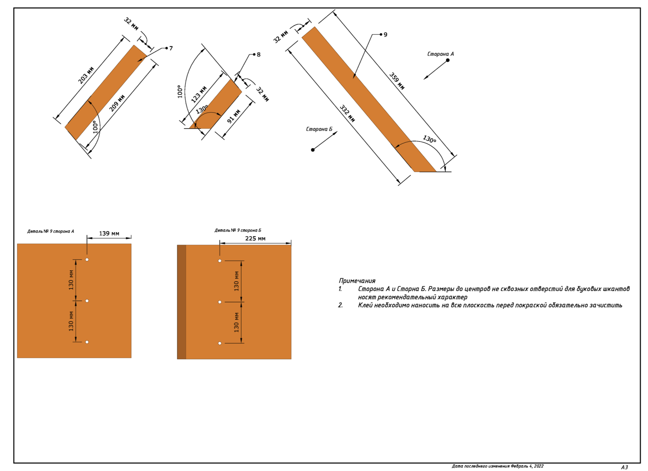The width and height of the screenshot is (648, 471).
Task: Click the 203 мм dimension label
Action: pyautogui.click(x=86, y=75)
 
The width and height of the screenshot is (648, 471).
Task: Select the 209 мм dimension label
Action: pyautogui.click(x=117, y=103)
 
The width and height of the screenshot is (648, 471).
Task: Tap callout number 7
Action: pyautogui.click(x=171, y=48)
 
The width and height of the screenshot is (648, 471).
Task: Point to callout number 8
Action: pyautogui.click(x=259, y=55)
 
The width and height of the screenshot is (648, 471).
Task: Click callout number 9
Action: pyautogui.click(x=385, y=35)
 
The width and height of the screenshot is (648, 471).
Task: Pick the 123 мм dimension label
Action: pyautogui.click(x=199, y=94)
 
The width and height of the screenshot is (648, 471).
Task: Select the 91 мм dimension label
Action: pyautogui.click(x=234, y=116)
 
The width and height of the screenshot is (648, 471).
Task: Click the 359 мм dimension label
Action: pyautogui.click(x=397, y=81)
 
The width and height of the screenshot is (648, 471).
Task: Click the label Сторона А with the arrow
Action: pyautogui.click(x=440, y=54)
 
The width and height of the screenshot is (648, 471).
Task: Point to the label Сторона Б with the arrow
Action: pyautogui.click(x=319, y=129)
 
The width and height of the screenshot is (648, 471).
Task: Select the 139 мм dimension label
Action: pyautogui.click(x=109, y=234)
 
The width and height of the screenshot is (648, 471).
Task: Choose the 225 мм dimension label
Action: pyautogui.click(x=255, y=239)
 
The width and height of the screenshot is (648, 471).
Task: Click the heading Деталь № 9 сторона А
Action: pyautogui.click(x=50, y=231)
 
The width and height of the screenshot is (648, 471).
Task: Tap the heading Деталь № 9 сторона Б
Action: pyautogui.click(x=238, y=230)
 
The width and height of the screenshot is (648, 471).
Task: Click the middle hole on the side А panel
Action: pyautogui.click(x=87, y=301)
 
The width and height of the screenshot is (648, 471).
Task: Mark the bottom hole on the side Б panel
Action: pyautogui.click(x=220, y=343)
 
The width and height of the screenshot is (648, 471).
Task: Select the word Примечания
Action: pyautogui.click(x=357, y=281)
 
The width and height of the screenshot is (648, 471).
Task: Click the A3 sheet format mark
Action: pyautogui.click(x=624, y=467)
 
